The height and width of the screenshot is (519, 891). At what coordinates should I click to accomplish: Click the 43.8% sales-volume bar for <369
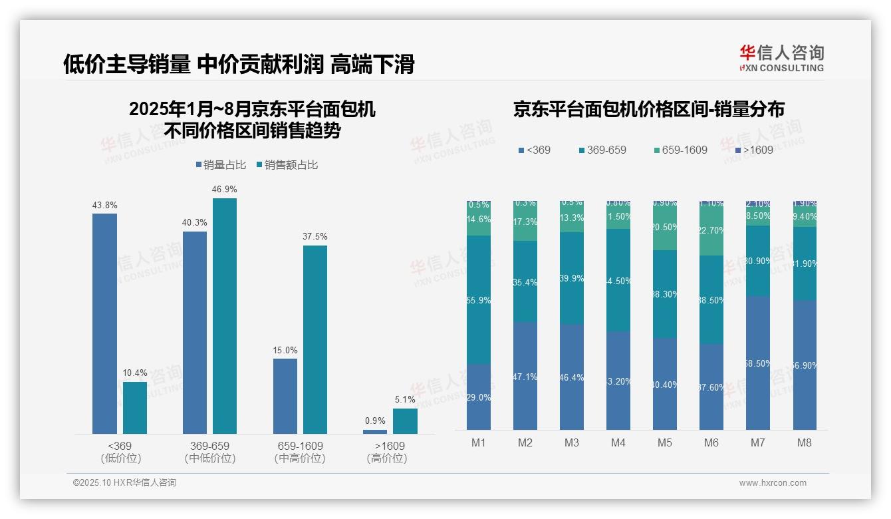pos(104,323)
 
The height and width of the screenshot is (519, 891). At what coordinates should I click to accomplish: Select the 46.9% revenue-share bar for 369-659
pos(225,316)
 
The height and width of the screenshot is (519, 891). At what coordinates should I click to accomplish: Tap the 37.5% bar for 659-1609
pos(315,339)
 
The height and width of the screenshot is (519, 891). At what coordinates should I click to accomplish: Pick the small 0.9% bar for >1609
pos(375,431)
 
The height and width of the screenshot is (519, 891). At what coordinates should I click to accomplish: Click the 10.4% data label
pos(135,373)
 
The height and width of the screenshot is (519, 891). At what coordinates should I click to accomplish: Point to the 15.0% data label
pos(285,350)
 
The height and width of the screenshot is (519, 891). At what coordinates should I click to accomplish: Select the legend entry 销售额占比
pos(291,165)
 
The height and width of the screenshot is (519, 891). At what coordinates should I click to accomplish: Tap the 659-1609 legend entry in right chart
pos(684,150)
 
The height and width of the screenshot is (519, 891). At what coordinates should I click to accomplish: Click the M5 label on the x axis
pos(665,442)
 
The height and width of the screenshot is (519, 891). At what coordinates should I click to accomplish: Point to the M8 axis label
pos(804,442)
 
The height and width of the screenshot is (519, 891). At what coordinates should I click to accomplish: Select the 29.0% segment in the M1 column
pos(479,397)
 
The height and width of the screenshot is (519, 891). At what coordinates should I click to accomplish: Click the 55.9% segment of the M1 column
pos(479,299)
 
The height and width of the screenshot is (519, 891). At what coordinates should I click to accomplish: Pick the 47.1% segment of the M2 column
pos(525,376)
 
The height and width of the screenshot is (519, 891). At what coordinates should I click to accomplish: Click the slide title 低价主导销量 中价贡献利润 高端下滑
pos(239,65)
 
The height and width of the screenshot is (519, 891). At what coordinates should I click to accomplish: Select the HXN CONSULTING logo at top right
pos(781,58)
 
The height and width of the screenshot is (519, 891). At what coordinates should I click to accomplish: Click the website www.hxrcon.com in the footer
pos(773,483)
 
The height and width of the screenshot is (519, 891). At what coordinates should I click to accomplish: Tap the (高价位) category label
pos(387,458)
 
